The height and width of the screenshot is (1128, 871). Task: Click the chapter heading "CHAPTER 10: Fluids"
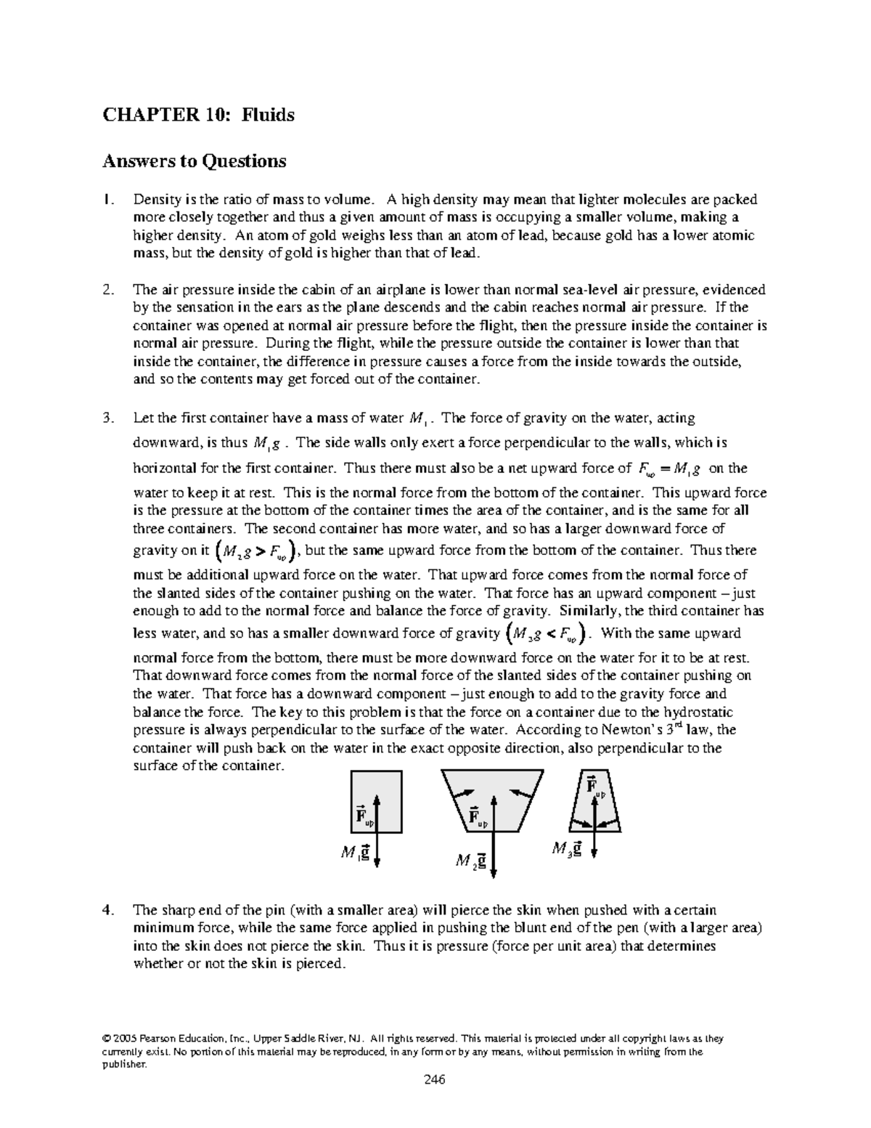pos(198,115)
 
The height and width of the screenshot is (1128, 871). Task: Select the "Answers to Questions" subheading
pos(194,161)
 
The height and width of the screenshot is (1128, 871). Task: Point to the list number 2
pos(108,290)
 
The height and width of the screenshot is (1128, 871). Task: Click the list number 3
pos(108,418)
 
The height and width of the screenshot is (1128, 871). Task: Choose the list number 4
pos(108,909)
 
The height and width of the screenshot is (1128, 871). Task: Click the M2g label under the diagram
pos(470,861)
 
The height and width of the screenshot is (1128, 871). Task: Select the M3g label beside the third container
pos(566,848)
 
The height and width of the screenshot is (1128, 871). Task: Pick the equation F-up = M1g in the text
pos(663,468)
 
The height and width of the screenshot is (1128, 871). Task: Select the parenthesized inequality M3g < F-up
pos(545,635)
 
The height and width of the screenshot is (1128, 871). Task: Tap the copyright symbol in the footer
pos(136,1038)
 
